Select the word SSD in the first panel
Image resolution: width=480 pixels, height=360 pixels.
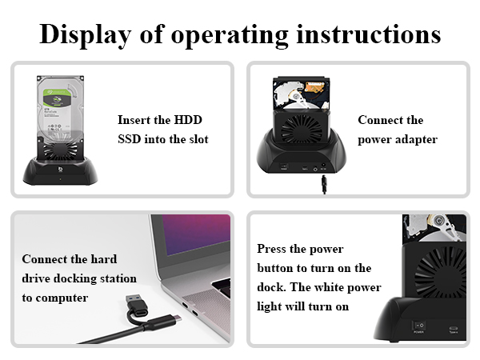tap(131, 139)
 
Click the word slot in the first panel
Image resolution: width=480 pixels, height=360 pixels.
tap(196, 139)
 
